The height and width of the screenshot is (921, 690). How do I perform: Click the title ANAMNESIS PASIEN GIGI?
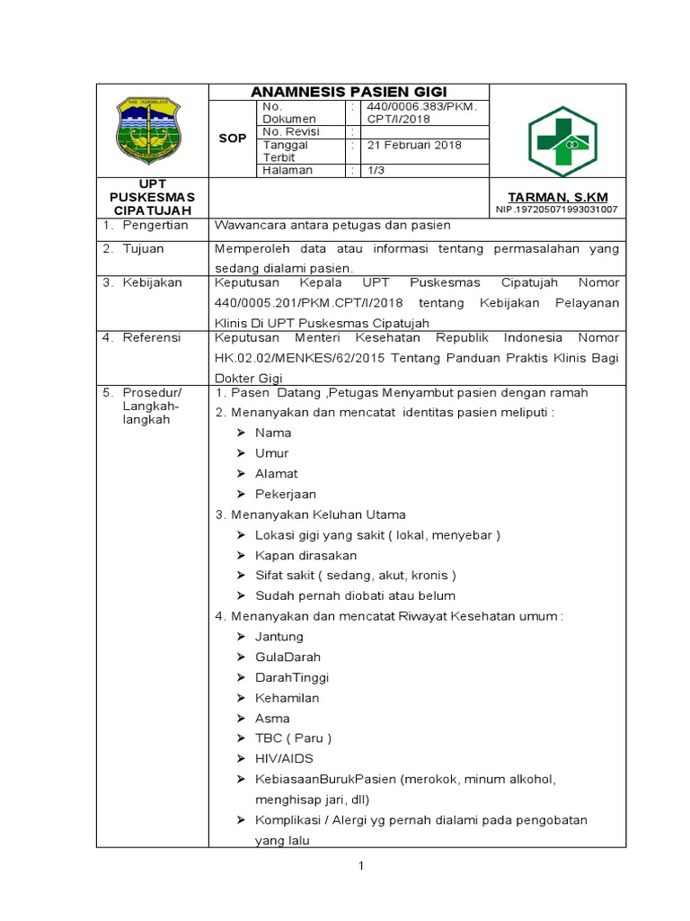tap(349, 92)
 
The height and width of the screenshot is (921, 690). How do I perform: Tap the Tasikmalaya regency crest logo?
tap(151, 131)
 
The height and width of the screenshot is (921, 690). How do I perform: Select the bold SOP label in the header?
tap(232, 139)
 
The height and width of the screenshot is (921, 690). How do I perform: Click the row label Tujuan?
tap(144, 248)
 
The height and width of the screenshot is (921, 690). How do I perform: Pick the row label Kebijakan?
tap(152, 282)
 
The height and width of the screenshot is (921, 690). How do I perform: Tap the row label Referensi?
tap(152, 337)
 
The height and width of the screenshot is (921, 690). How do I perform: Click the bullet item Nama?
tap(273, 433)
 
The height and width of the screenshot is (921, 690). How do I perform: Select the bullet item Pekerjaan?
tap(286, 494)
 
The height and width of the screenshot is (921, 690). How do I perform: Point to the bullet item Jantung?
tap(279, 637)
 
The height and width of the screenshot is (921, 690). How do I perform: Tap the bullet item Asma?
tap(272, 719)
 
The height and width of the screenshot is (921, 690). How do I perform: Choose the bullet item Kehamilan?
tap(287, 698)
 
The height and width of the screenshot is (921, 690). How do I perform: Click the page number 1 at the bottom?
tap(360, 865)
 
